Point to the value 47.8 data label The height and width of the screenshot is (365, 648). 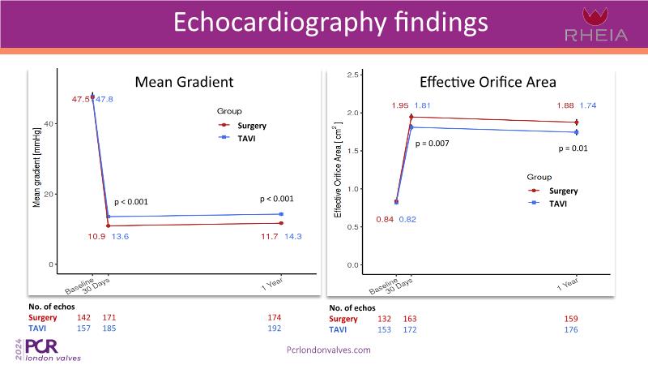pos(104,99)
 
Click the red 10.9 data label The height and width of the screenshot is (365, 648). pos(96,236)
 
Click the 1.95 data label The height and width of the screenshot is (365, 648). pos(400,105)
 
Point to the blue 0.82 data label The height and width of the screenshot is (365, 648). pos(407,220)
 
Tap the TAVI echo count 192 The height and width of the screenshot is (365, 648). pos(275,328)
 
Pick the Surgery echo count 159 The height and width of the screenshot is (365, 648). pos(571,319)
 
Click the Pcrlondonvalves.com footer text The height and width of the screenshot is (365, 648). pos(329,350)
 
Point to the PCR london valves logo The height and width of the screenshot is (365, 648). pos(53,349)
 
